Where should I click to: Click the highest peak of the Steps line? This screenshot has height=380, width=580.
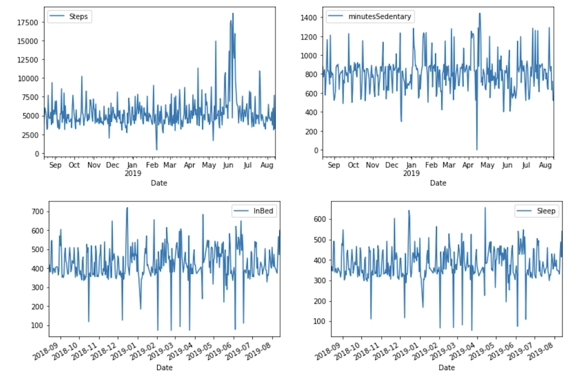click(x=233, y=13)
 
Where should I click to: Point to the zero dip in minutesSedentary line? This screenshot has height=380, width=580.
click(x=477, y=150)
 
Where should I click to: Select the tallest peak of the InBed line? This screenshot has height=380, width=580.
click(x=127, y=208)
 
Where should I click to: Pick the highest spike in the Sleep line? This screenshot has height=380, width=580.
click(x=485, y=208)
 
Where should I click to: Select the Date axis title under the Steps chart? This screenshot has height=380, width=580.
click(x=159, y=183)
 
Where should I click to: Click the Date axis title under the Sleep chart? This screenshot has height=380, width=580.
click(x=447, y=367)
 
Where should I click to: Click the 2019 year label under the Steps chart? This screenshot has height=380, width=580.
click(x=133, y=173)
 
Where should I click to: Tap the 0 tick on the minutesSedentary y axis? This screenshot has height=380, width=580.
click(x=316, y=150)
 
